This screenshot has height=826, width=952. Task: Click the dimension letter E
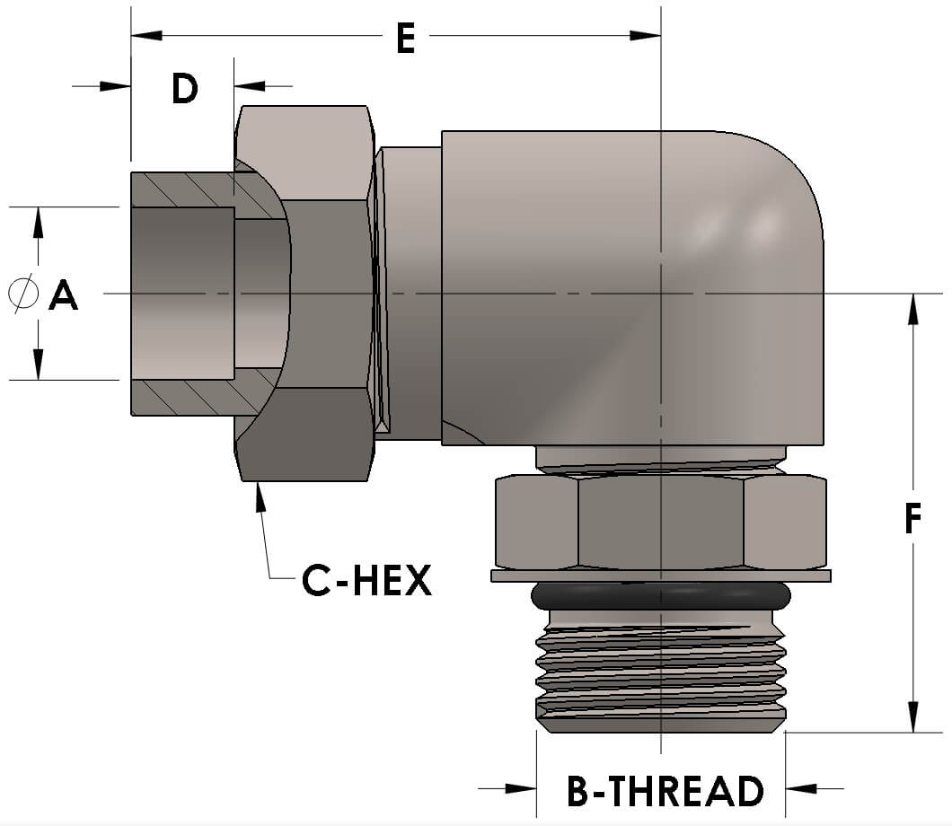405,40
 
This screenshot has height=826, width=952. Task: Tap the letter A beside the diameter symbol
63,294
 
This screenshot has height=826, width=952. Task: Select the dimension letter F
912,518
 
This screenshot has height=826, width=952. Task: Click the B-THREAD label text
665,791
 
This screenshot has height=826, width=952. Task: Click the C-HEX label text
366,582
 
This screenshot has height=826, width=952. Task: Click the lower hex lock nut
660,523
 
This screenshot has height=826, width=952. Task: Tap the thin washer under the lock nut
660,576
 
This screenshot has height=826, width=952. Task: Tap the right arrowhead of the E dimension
645,36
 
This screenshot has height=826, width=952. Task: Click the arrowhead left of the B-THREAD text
521,788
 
